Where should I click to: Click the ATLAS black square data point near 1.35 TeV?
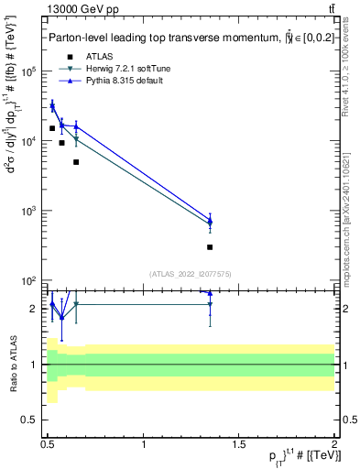point(210,247)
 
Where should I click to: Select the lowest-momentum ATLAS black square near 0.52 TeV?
point(52,128)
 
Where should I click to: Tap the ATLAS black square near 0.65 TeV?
point(76,162)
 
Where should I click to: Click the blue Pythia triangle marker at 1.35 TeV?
point(210,221)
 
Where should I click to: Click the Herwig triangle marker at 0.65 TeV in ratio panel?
point(76,304)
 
